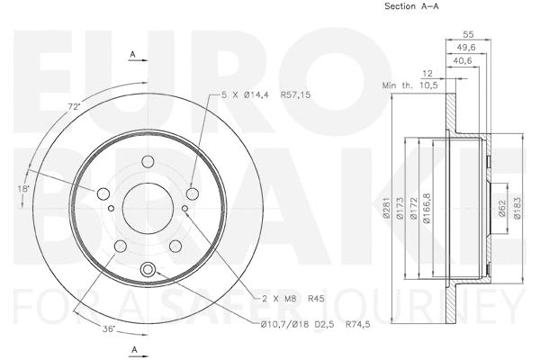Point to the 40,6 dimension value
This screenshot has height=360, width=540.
click(465, 60)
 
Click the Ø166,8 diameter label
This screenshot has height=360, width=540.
click(427, 209)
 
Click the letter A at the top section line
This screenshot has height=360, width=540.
click(133, 55)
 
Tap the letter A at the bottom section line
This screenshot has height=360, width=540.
click(133, 349)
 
